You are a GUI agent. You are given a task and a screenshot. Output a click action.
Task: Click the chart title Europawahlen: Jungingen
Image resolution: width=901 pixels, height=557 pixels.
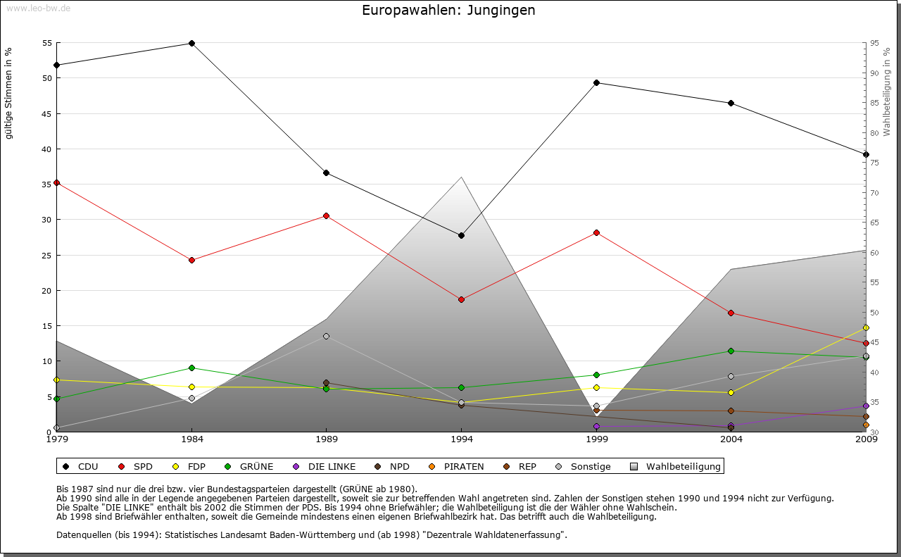pos(448,10)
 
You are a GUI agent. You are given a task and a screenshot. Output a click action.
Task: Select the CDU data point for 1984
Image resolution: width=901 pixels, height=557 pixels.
pos(191,43)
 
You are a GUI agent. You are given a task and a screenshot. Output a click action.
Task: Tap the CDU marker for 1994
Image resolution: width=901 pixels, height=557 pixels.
pos(461,235)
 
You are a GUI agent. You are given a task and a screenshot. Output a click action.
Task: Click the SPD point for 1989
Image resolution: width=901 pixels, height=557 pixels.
pos(326,215)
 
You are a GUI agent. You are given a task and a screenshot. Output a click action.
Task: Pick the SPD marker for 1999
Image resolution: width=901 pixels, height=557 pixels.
pos(596,232)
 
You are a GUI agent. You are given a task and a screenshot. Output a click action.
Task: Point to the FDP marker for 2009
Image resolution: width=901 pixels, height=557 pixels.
pos(866,327)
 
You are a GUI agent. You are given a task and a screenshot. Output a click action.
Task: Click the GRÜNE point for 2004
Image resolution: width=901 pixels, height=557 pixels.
pos(731,351)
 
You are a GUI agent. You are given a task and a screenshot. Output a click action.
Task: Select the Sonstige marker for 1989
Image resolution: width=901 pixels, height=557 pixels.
pos(326,336)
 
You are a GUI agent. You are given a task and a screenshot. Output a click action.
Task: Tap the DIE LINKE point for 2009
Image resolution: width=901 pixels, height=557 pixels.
pos(866,406)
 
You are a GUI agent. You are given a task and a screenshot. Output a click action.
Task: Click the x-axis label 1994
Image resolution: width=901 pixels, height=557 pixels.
pos(462,440)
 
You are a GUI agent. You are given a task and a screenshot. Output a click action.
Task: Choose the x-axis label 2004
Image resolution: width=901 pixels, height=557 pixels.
pos(731,440)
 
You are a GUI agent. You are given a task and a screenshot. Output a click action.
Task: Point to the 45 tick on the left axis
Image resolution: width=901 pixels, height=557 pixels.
pos(47,113)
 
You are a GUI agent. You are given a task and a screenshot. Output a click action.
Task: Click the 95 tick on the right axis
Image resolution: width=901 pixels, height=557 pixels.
pos(874,43)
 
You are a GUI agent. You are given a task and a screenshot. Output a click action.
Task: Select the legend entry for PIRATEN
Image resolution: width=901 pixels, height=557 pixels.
pos(463,466)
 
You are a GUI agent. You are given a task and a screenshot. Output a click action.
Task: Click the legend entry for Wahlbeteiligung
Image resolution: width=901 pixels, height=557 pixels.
pos(683,466)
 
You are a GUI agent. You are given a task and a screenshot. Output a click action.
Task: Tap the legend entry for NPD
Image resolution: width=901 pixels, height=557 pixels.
pos(399,466)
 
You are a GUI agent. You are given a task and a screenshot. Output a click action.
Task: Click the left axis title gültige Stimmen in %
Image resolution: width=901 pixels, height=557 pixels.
pos(9,93)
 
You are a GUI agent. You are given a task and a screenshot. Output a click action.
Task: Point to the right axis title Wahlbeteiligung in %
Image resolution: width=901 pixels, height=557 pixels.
pos(887,92)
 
